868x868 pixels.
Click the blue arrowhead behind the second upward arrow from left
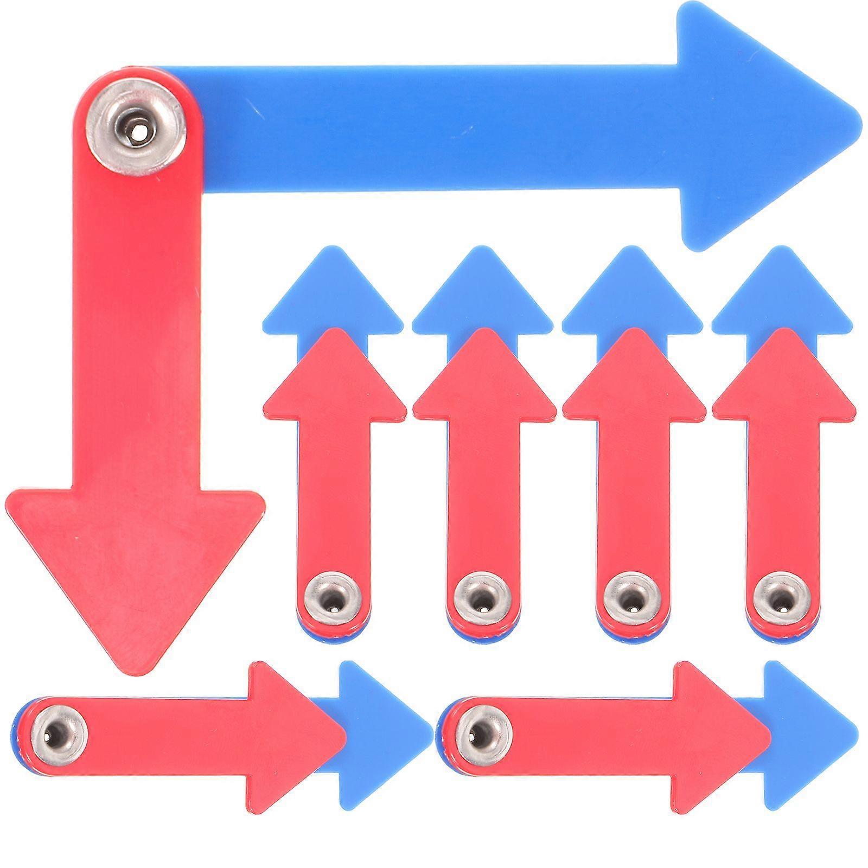click(x=483, y=288)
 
